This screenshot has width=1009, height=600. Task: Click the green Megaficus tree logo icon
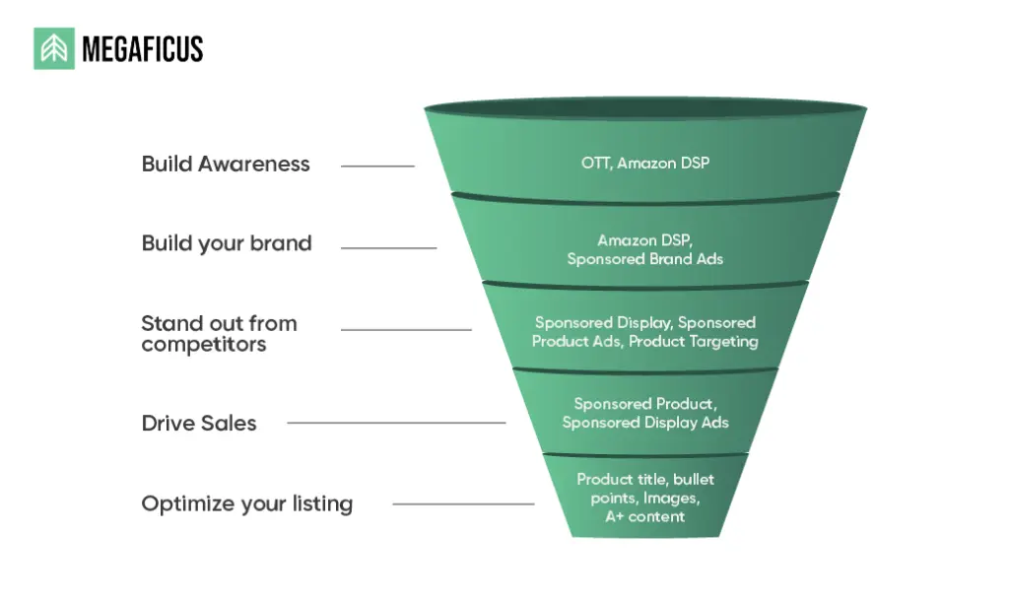[x=54, y=48]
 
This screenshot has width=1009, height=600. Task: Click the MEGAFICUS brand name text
[x=142, y=49]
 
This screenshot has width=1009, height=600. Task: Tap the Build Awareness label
[x=226, y=165]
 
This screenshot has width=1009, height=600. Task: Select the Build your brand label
[x=227, y=243]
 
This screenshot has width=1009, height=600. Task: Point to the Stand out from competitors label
[x=219, y=333]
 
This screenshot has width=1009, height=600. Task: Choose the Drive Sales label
[x=199, y=424]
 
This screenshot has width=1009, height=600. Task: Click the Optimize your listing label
[x=246, y=504]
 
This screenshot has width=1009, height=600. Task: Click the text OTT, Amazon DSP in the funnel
[x=645, y=163]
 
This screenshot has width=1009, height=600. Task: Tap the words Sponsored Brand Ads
[x=645, y=259]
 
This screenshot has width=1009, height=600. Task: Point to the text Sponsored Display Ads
[x=645, y=423]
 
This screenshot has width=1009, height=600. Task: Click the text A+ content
[x=645, y=516]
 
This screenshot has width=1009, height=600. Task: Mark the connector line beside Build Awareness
[x=377, y=167]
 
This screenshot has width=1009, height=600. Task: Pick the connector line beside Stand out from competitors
[x=406, y=329]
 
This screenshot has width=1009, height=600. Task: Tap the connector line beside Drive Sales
[x=396, y=424]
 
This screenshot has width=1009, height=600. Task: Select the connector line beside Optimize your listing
[x=463, y=504]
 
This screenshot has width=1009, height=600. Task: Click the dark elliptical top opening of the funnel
[x=645, y=108]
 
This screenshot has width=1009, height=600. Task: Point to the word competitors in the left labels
[x=204, y=345]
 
